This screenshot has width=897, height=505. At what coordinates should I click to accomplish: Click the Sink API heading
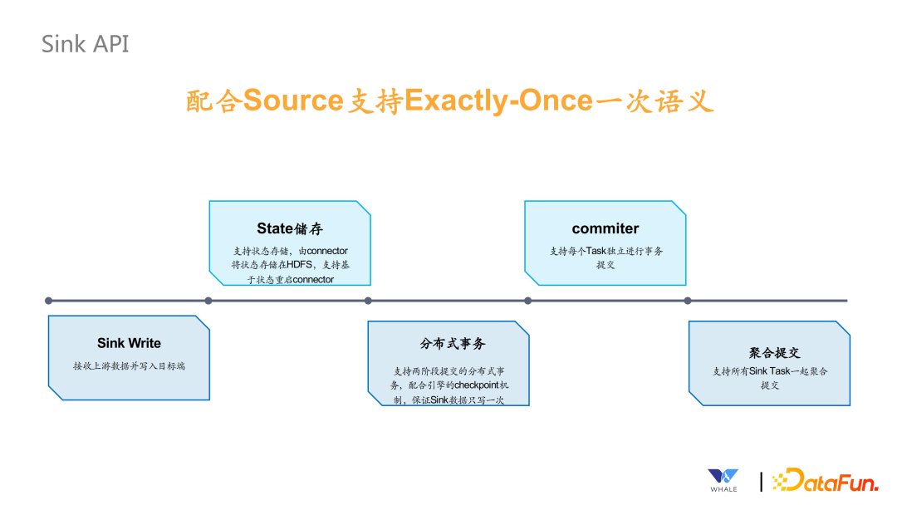point(86,43)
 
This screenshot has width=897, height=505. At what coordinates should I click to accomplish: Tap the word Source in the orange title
point(293,101)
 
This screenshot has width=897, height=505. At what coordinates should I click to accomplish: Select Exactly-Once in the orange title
point(498,101)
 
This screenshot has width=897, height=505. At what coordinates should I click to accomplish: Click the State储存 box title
point(289,228)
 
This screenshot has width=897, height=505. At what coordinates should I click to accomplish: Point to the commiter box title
point(605,228)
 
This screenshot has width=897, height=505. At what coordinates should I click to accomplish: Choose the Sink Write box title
point(129,343)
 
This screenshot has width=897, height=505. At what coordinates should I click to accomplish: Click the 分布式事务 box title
point(453,343)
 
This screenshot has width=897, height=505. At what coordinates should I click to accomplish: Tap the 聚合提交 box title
point(774,352)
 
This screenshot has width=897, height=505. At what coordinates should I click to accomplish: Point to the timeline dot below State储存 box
point(208,301)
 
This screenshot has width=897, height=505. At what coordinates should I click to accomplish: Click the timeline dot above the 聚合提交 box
point(687,301)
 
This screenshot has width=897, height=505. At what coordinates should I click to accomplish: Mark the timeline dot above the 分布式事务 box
point(368,301)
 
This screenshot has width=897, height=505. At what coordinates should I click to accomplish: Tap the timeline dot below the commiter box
point(527,301)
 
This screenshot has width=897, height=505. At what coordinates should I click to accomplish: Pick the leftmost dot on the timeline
point(49,301)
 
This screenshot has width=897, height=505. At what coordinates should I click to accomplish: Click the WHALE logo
point(723,479)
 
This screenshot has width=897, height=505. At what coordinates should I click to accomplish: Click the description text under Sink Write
point(129,365)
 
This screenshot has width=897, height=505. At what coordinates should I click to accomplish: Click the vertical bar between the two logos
point(761,481)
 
